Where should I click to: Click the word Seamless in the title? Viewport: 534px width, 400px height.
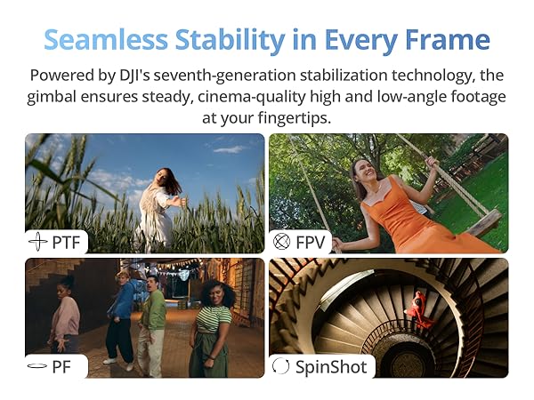pos(106,39)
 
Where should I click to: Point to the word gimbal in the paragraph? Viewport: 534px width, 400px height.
pos(52,97)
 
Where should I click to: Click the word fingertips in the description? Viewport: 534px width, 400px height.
pos(295,118)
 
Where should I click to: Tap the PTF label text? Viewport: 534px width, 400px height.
pos(66,243)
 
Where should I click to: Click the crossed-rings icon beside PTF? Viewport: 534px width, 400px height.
pos(37,242)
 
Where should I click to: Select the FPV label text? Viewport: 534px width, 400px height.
pos(311,243)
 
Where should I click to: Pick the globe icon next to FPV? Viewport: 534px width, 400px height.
pos(282,242)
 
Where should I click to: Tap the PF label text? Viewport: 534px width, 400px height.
pos(61,367)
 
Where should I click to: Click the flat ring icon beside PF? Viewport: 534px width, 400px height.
pos(37,366)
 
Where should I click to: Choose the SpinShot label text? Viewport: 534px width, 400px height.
pos(331,367)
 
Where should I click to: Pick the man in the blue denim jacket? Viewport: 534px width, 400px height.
pos(120,316)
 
